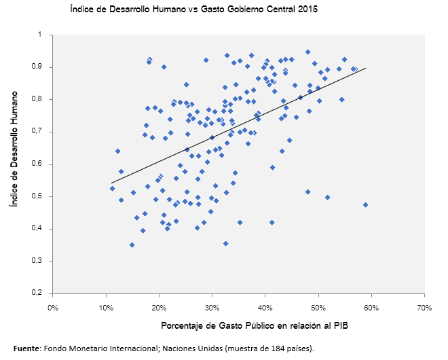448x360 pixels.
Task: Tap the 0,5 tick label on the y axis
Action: click(37, 196)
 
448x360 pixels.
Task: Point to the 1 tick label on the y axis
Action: click(40, 35)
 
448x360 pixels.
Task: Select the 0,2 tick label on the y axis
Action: click(37, 293)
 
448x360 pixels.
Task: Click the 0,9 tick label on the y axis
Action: click(37, 67)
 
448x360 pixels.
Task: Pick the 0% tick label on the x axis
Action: click(53, 308)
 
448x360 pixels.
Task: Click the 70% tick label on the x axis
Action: click(424, 308)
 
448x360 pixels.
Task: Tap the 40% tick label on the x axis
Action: click(265, 308)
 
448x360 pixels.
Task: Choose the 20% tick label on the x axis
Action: click(159, 308)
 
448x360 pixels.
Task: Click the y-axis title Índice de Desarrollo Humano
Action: click(13, 164)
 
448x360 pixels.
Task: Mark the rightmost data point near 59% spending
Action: click(366, 204)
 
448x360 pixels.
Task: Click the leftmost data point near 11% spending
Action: click(112, 188)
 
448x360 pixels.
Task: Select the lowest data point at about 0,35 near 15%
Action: click(132, 245)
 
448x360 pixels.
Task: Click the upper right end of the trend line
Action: click(366, 68)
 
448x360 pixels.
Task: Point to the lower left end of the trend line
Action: click(111, 183)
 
